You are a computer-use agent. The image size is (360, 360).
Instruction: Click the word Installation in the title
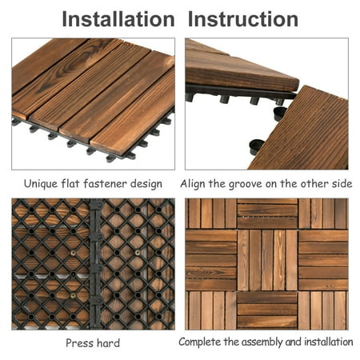pos(118,19)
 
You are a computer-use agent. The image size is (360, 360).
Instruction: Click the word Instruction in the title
pos(243,19)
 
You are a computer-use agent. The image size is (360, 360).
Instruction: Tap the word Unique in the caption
pos(41,184)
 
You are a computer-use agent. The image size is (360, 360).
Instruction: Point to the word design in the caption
pos(146,184)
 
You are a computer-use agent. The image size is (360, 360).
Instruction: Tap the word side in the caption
pos(342,184)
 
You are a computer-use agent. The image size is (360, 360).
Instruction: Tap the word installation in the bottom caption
pos(329,342)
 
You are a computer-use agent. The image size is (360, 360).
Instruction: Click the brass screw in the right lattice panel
pos(138,252)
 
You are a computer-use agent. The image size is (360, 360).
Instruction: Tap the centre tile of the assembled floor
pos(267,260)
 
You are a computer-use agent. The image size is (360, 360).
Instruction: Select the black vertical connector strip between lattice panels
pos(96,264)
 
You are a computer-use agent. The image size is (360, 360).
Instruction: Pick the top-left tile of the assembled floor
pos(211,214)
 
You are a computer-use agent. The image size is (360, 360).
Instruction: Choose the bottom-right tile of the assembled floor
pos(323,310)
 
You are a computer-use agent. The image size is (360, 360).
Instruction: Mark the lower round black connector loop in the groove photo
pos(257,146)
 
